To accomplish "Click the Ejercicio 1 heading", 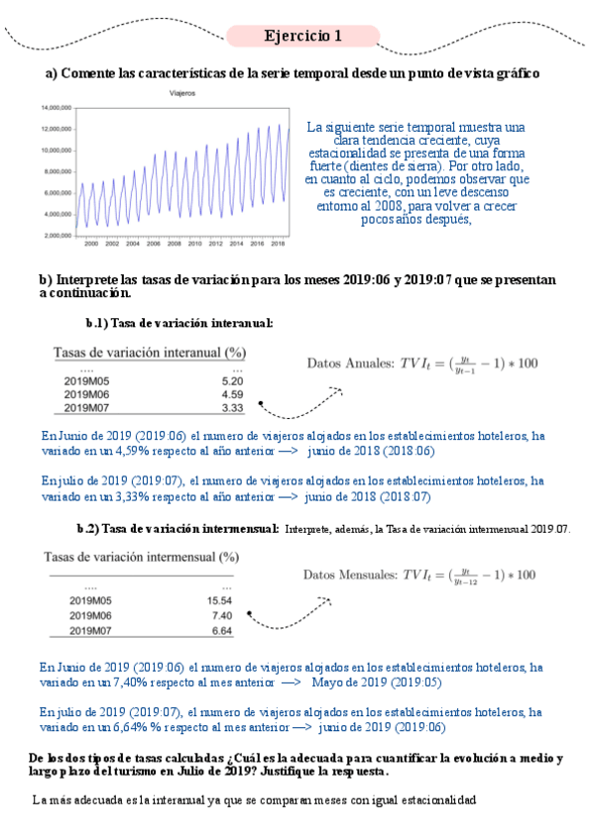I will pos(302,37).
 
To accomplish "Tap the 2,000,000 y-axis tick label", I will pos(56,235).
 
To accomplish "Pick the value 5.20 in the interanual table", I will pos(232,380).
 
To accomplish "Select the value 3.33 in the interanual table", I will pos(232,407).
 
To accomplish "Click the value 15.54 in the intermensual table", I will pos(218,600).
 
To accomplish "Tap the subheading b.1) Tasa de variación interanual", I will pos(179,323).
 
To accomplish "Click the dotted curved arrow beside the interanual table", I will pos(298,399).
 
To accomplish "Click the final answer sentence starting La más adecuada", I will pos(254,798).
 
